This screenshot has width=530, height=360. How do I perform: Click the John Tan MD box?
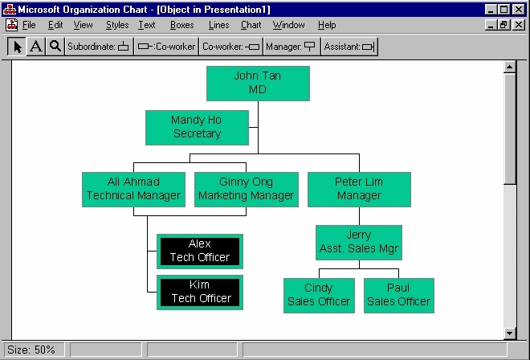(258, 84)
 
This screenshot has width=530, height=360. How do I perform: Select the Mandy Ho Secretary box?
(197, 128)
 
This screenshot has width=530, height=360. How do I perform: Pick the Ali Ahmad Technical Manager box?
(133, 190)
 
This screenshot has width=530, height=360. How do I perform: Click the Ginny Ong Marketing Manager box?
(246, 190)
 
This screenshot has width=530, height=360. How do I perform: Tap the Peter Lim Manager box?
(359, 190)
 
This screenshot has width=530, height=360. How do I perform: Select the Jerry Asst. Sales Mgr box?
(359, 243)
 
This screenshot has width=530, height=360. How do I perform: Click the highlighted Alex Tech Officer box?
(200, 252)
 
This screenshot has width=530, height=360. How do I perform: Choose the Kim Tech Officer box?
(200, 292)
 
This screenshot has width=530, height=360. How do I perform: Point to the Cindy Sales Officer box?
(319, 296)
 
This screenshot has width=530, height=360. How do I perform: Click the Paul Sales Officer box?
(399, 296)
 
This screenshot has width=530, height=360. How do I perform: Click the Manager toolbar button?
(291, 47)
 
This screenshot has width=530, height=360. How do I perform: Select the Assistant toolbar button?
(349, 47)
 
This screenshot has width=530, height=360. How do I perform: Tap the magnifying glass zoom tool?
(55, 47)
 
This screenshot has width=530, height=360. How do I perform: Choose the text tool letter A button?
(36, 47)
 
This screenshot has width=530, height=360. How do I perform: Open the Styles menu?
(117, 25)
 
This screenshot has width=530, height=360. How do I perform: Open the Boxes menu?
(181, 25)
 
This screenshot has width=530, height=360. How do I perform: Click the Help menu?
(327, 25)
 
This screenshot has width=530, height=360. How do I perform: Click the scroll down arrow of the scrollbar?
(509, 333)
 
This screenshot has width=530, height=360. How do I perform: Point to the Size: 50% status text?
(31, 350)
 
